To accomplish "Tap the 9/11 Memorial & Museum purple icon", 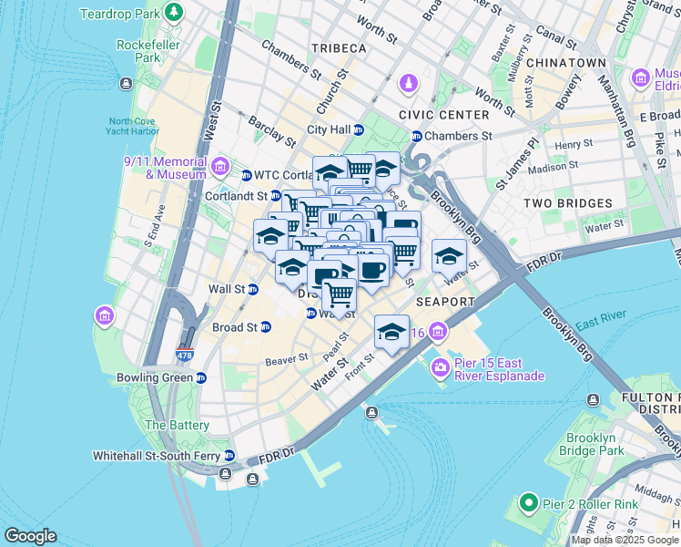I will [219, 166].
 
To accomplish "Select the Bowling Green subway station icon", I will [200, 377].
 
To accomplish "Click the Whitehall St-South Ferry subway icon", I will [229, 455].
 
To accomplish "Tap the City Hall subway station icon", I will [359, 129].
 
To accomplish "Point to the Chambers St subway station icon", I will [417, 136].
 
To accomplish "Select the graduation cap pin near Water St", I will [449, 256].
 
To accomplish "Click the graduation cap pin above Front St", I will [391, 332].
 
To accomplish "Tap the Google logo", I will [30, 536].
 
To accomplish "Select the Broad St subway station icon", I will [266, 327].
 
